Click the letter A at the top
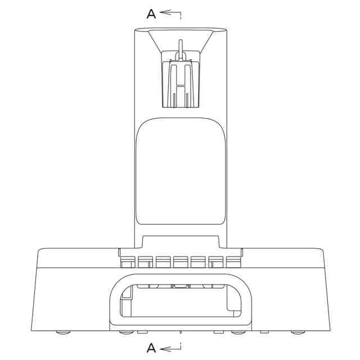(151, 13)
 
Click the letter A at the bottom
(151, 348)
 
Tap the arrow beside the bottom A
(170, 348)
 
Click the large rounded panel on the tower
(181, 171)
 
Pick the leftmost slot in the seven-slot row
(128, 262)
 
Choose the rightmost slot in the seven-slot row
(233, 262)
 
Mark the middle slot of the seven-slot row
(181, 262)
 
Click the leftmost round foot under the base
(63, 332)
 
